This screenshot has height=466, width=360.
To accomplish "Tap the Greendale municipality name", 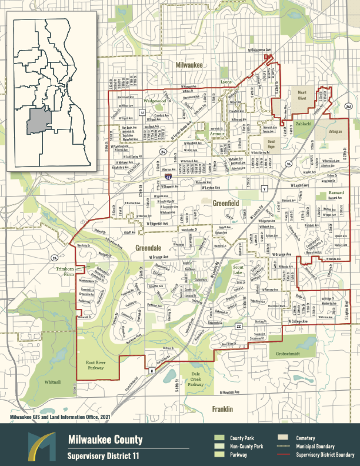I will point(149,248).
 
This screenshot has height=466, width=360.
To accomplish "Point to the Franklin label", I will point(223,409).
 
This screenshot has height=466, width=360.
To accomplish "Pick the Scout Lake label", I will point(238,270).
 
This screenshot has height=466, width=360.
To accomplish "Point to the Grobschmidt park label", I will point(288,353).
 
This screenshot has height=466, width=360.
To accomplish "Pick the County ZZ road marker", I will point(239,326).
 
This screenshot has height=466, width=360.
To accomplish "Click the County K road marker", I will point(152,371).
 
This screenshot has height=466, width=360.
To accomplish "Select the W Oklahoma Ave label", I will point(260,50).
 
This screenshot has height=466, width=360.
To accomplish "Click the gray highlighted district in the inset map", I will point(39,122).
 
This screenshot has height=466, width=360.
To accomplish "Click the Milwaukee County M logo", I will point(41,446).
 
